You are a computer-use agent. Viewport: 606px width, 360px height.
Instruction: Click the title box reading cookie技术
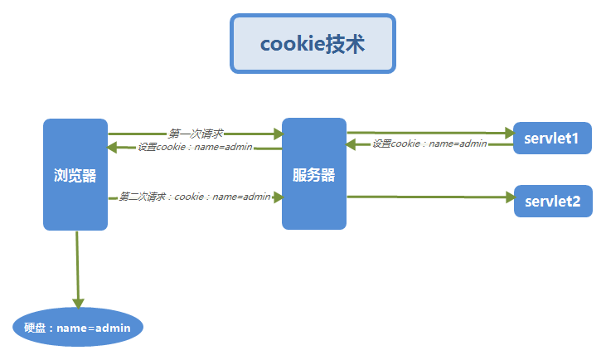pyautogui.click(x=313, y=44)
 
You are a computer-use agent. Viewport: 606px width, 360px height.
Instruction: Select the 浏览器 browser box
pyautogui.click(x=75, y=174)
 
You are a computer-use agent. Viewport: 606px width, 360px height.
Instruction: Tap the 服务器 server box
pyautogui.click(x=313, y=174)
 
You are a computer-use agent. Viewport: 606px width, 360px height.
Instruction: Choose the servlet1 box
pyautogui.click(x=552, y=138)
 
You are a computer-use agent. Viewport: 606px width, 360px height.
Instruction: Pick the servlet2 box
pyautogui.click(x=553, y=201)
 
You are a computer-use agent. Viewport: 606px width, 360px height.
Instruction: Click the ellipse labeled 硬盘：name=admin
pyautogui.click(x=79, y=328)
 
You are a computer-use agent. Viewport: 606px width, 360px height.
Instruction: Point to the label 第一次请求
pyautogui.click(x=196, y=133)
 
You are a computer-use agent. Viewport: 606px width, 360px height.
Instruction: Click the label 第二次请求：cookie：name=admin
pyautogui.click(x=196, y=197)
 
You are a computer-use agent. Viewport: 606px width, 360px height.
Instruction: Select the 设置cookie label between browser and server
pyautogui.click(x=196, y=148)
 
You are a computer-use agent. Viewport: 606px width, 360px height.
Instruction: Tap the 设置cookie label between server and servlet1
pyautogui.click(x=429, y=144)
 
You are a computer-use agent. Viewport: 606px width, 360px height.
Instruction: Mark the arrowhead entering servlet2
pyautogui.click(x=508, y=197)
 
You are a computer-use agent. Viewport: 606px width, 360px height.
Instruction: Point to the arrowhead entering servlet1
pyautogui.click(x=508, y=133)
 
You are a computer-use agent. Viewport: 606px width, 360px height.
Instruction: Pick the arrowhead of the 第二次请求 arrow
pyautogui.click(x=278, y=197)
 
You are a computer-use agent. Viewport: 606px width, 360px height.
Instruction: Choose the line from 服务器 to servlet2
pyautogui.click(x=423, y=197)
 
